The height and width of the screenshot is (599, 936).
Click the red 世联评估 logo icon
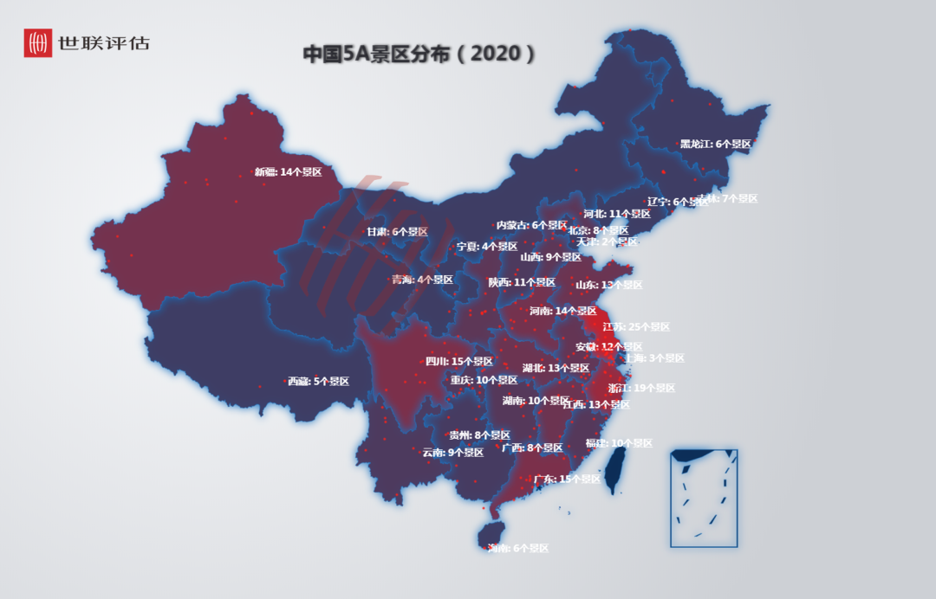pyautogui.click(x=37, y=42)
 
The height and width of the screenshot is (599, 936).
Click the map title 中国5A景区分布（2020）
pyautogui.click(x=419, y=54)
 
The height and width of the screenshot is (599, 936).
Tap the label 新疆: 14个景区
pyautogui.click(x=288, y=172)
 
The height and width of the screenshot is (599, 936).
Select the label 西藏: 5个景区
pyautogui.click(x=318, y=381)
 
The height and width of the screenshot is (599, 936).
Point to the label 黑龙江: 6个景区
pyautogui.click(x=715, y=144)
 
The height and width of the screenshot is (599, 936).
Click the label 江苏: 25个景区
pyautogui.click(x=636, y=327)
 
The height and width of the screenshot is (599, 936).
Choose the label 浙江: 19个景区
pyautogui.click(x=641, y=388)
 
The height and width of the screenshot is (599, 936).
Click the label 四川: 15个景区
pyautogui.click(x=458, y=361)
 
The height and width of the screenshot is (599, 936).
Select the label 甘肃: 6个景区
pyautogui.click(x=397, y=232)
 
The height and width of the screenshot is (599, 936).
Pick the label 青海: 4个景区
pyautogui.click(x=422, y=280)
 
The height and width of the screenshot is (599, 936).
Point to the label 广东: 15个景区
pyautogui.click(x=567, y=479)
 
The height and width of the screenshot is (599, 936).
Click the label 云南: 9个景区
pyautogui.click(x=452, y=452)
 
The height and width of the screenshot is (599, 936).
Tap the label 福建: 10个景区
pyautogui.click(x=619, y=443)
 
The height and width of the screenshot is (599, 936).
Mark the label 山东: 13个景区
pyautogui.click(x=609, y=285)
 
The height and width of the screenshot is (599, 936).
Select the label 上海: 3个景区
pyautogui.click(x=654, y=357)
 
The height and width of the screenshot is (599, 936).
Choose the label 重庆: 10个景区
pyautogui.click(x=484, y=380)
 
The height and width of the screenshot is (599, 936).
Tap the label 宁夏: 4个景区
pyautogui.click(x=487, y=247)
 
